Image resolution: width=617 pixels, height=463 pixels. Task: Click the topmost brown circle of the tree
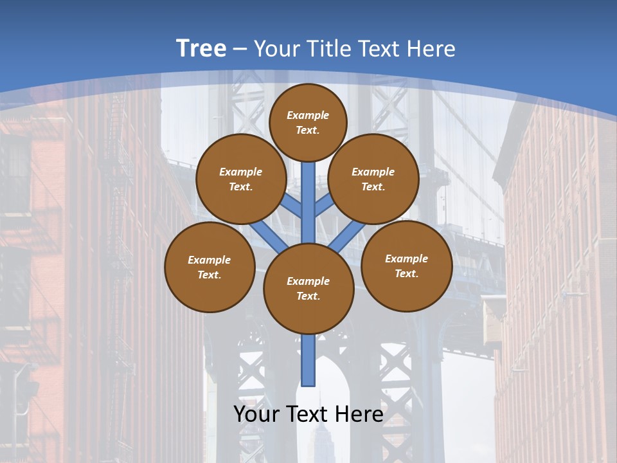[308, 122]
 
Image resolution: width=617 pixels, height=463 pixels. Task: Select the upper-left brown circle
[240, 179]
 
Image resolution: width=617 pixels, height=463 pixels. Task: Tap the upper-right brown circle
[373, 179]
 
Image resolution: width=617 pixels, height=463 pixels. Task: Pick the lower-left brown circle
[210, 267]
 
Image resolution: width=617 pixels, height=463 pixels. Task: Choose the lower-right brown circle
[407, 266]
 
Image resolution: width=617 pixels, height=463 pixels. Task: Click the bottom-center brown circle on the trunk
[308, 289]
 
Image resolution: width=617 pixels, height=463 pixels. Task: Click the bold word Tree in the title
[201, 48]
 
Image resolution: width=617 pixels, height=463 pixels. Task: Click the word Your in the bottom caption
[256, 414]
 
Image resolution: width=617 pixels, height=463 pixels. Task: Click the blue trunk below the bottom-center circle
[308, 360]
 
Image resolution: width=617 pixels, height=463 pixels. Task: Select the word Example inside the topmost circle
[308, 115]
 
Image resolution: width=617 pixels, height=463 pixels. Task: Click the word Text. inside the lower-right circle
[406, 273]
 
